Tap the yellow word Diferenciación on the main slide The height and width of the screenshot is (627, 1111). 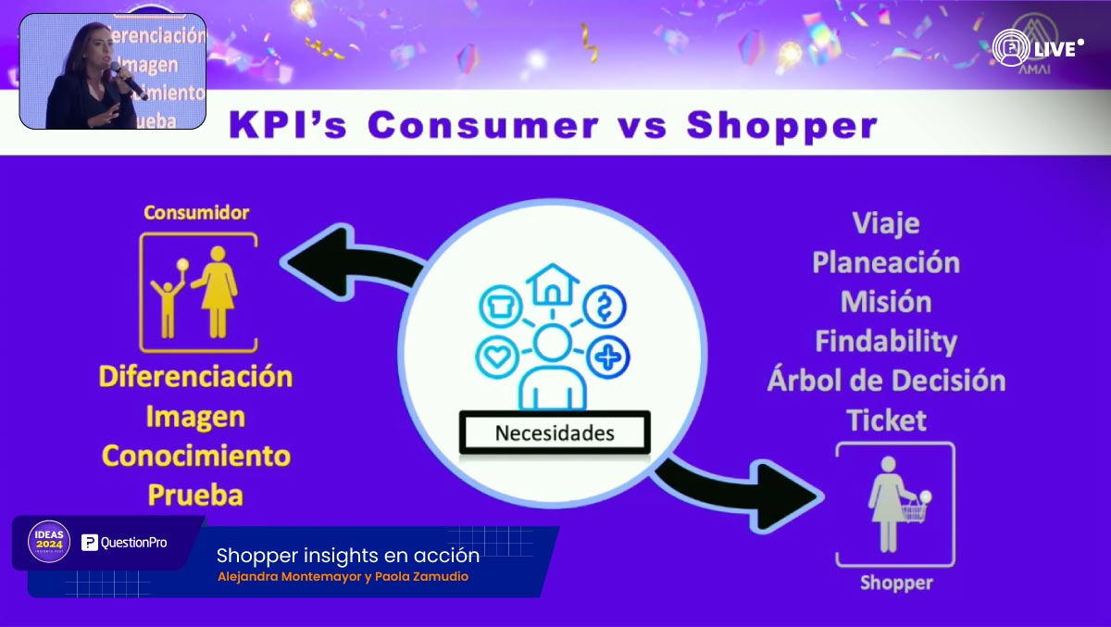coord(195,377)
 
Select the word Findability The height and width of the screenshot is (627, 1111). coord(885,342)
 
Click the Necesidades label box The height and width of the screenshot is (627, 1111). coord(554,433)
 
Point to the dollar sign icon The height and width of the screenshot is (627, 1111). coord(604,305)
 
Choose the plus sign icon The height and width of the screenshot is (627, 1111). coord(609,356)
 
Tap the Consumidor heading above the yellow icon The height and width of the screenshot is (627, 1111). coord(196,213)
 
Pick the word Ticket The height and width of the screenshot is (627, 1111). coord(886,420)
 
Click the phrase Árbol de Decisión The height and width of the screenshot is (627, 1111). coord(886,381)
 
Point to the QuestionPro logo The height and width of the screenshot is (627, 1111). coord(124,543)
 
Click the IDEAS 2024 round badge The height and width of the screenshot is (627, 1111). coord(49,542)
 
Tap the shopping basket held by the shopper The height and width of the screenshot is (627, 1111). coord(914,510)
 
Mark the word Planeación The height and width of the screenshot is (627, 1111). coord(886,263)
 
